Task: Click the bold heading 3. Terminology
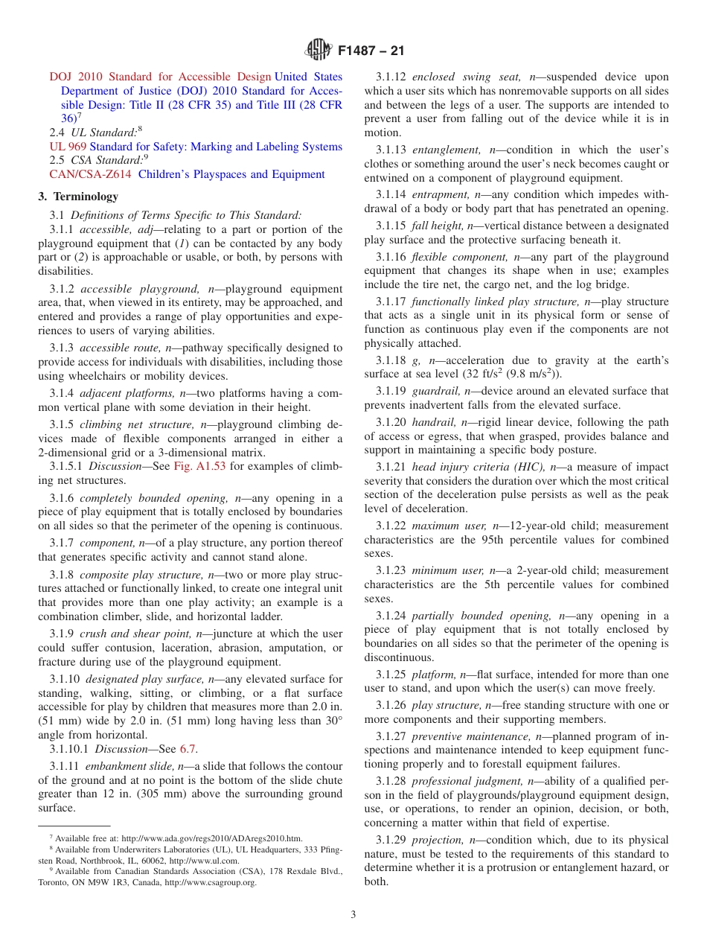[x=78, y=197]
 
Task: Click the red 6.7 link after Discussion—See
[x=189, y=749]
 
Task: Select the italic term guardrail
[x=435, y=391]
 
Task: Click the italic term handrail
[x=434, y=422]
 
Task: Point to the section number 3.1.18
[x=391, y=360]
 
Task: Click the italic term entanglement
[x=447, y=150]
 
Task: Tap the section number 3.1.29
[x=391, y=840]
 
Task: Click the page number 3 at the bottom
[x=353, y=914]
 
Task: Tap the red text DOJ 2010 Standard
[x=93, y=77]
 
